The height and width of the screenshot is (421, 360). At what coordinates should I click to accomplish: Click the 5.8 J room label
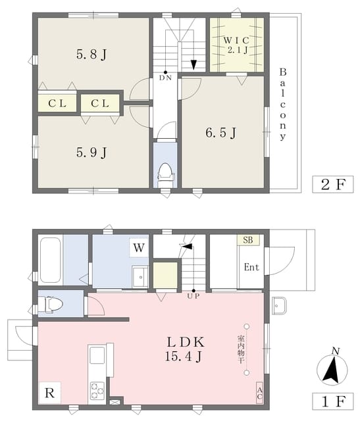pos(91,54)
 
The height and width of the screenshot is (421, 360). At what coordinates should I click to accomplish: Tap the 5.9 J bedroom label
pos(91,153)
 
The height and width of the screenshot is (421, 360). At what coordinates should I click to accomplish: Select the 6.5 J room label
pos(221,133)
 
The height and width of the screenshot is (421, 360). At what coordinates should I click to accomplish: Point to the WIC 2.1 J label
pos(237,45)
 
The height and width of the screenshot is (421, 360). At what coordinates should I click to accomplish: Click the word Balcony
pos(282,105)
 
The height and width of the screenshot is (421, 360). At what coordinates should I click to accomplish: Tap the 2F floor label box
pos(333,184)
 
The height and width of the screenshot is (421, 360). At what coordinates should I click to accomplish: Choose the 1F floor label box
pos(333,401)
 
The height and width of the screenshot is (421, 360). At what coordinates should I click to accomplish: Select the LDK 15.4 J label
pos(185,349)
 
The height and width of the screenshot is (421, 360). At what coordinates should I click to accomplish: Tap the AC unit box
pos(259,393)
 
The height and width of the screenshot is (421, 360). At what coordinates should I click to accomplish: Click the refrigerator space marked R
pos(50,393)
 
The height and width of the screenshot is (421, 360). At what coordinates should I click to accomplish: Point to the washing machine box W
pos(139,247)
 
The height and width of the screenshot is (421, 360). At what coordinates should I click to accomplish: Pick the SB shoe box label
pos(248,239)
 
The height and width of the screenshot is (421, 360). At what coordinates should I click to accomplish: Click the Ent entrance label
pos(251,267)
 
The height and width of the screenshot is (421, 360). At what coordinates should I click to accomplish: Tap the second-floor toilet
pos(165,175)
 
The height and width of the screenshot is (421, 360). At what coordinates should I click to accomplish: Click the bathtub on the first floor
pos(50,260)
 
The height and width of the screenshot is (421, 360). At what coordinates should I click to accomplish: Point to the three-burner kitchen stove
pos(97,390)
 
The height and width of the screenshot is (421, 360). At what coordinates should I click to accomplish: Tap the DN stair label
pos(165,78)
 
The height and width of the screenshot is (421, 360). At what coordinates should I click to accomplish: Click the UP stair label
pos(193,296)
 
